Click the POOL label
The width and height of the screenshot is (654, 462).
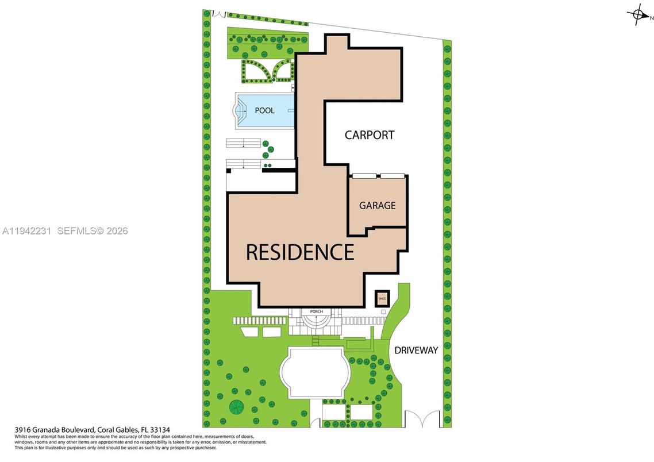coord(264,110)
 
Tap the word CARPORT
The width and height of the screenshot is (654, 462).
coord(370,135)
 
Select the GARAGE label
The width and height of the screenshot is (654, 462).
coord(377,205)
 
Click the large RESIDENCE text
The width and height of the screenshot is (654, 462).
coord(300,252)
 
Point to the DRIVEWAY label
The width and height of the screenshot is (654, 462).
coord(416,350)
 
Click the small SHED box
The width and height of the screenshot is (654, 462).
coord(382,299)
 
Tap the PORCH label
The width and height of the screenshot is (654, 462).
coord(316,311)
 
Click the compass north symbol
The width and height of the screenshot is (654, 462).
coord(637,15)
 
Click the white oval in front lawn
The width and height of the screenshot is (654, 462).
coord(314,372)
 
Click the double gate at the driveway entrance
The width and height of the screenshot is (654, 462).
coord(422,418)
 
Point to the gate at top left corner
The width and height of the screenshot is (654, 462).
coord(217,13)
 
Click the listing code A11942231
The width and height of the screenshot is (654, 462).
coord(26,231)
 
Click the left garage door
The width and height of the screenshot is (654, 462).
coord(364,175)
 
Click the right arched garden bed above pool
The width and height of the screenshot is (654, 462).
coord(284,71)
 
